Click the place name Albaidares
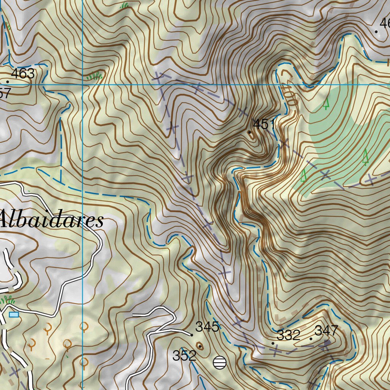[51, 220]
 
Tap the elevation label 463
[23, 74]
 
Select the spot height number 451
[264, 124]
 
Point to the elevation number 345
[207, 326]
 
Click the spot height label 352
[184, 355]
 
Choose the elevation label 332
[288, 335]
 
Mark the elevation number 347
[326, 330]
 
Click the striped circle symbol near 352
[219, 362]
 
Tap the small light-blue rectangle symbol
[14, 314]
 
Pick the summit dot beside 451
[250, 133]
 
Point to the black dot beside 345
[192, 335]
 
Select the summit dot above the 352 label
[199, 346]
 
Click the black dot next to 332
[273, 343]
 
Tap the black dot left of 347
[311, 339]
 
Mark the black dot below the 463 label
[8, 82]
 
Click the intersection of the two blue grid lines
[83, 84]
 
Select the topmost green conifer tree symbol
[326, 103]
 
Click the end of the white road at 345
[190, 334]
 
